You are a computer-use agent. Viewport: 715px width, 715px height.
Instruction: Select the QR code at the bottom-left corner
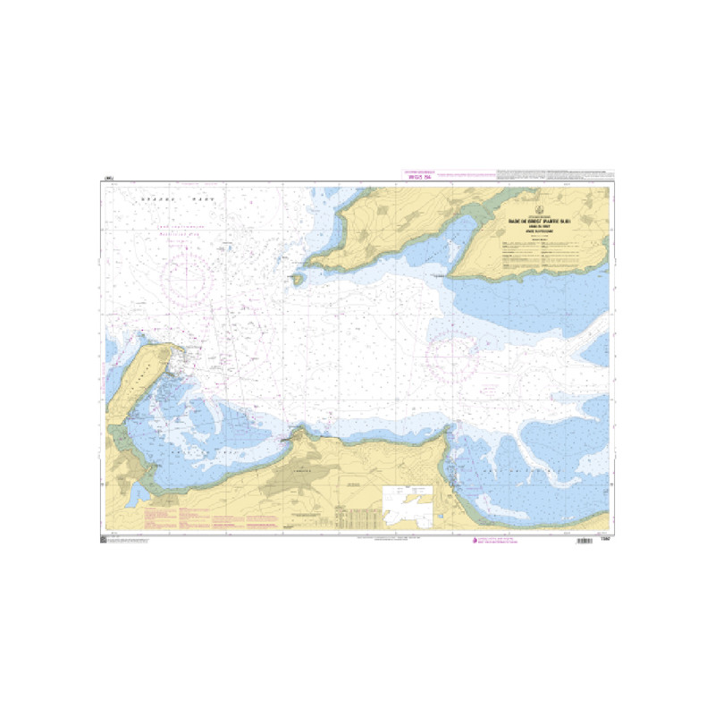(x=102, y=541)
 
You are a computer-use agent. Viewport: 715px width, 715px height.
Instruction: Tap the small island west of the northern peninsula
(x=296, y=279)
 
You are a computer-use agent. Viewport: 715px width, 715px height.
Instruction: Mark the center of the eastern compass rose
(x=452, y=355)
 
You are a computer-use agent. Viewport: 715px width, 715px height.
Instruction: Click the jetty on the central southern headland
(x=285, y=438)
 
